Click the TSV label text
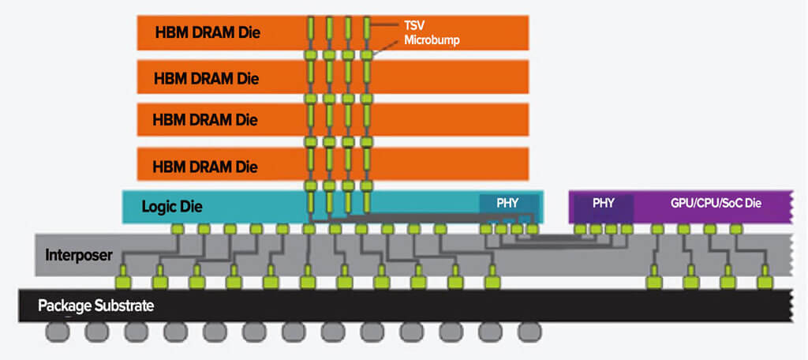point(414,25)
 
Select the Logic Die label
point(172,208)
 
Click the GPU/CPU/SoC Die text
point(715,202)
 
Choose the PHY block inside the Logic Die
point(507,203)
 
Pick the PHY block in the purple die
point(603,202)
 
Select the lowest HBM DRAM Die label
point(207,167)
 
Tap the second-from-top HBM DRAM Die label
point(207,78)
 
